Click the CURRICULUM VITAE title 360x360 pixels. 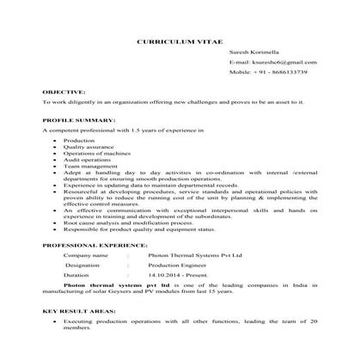tap(180, 40)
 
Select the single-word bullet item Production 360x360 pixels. tap(79, 138)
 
